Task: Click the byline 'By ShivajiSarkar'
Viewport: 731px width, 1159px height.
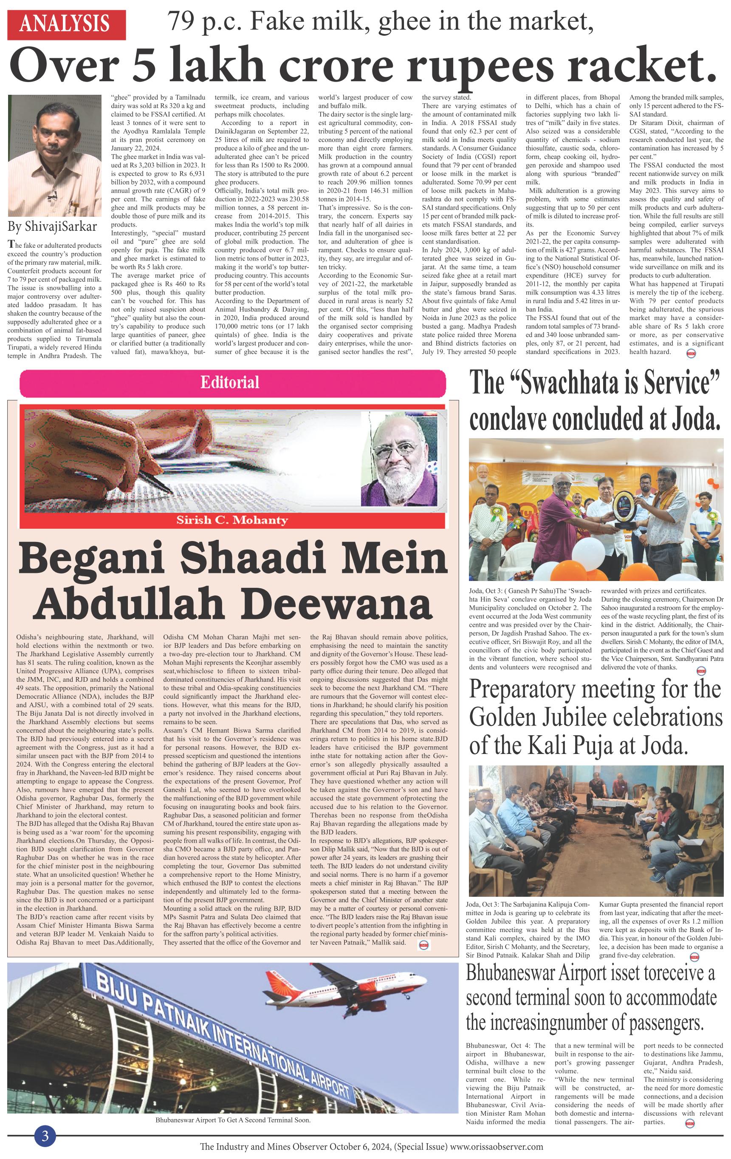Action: [52, 226]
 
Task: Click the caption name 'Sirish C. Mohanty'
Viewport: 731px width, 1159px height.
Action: [232, 520]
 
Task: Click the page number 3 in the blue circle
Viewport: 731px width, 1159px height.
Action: [45, 1136]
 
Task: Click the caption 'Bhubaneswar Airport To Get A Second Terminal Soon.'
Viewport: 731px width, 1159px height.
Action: [233, 1120]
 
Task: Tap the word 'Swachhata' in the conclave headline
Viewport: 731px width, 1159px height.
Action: [568, 384]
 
